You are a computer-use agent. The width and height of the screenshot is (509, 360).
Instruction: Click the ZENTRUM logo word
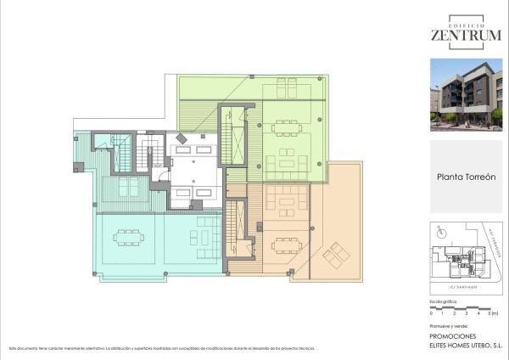465,36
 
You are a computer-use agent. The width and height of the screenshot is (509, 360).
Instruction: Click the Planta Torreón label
466,177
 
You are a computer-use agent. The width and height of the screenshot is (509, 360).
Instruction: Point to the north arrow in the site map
439,229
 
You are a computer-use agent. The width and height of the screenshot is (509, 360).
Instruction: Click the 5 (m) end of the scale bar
494,314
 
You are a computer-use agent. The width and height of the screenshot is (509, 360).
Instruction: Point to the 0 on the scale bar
432,314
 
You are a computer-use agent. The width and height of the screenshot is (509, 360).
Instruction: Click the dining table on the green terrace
287,127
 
